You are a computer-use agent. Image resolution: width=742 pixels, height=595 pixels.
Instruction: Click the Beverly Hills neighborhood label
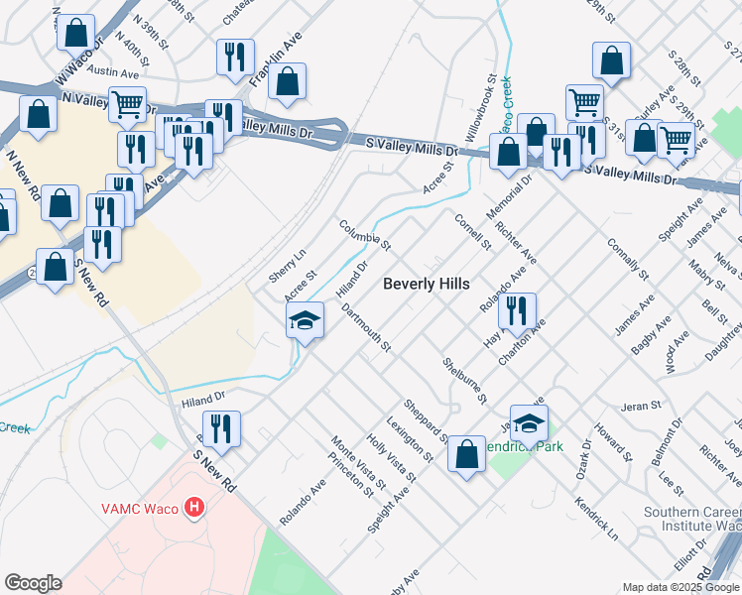click(426, 284)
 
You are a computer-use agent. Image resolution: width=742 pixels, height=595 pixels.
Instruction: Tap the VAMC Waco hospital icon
click(194, 509)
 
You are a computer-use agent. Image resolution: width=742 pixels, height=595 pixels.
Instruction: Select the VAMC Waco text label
click(140, 509)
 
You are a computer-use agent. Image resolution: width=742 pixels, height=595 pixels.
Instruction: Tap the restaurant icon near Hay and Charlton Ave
click(517, 311)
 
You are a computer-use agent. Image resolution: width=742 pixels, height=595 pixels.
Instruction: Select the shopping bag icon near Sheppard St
click(466, 456)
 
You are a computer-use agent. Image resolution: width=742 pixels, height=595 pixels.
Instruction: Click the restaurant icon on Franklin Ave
click(235, 59)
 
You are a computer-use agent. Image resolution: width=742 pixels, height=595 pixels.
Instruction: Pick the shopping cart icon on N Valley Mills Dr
click(128, 105)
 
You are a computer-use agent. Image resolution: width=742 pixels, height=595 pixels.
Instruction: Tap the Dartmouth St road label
click(367, 328)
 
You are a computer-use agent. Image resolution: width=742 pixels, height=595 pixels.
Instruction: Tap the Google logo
click(33, 583)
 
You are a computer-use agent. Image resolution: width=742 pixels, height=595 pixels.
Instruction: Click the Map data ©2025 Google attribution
click(680, 587)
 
